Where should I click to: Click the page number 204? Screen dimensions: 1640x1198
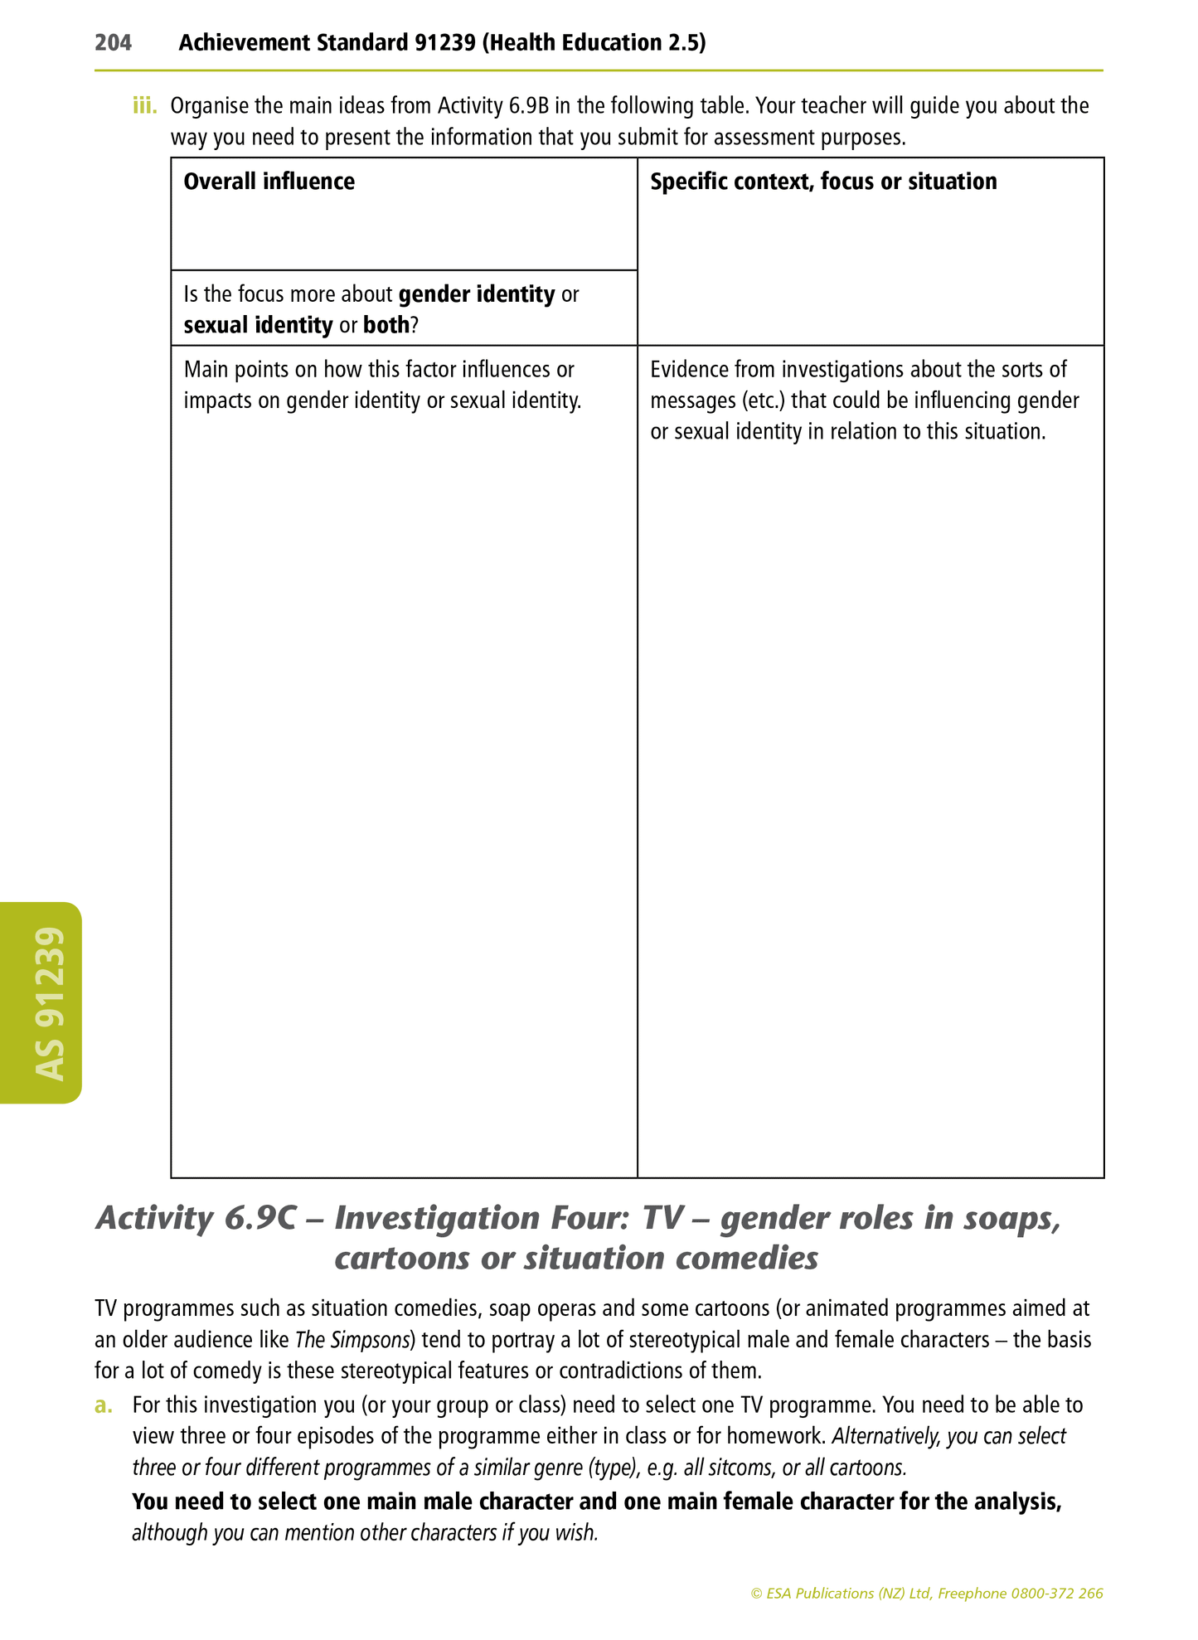(113, 42)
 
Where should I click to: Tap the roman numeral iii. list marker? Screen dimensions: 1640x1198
(144, 106)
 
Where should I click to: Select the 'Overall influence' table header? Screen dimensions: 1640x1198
(269, 182)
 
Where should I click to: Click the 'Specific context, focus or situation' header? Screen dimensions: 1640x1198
(823, 182)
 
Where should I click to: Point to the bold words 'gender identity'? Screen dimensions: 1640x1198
(477, 294)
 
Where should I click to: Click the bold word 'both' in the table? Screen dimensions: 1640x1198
(386, 325)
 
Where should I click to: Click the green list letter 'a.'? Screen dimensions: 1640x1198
(103, 1405)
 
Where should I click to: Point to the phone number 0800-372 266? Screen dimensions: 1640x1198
(1057, 1594)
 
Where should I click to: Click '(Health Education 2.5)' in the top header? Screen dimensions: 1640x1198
(594, 42)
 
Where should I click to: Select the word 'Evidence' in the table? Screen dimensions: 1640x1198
(685, 370)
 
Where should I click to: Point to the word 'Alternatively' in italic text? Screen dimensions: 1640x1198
(885, 1436)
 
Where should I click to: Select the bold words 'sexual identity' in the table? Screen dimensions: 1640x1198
(258, 325)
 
